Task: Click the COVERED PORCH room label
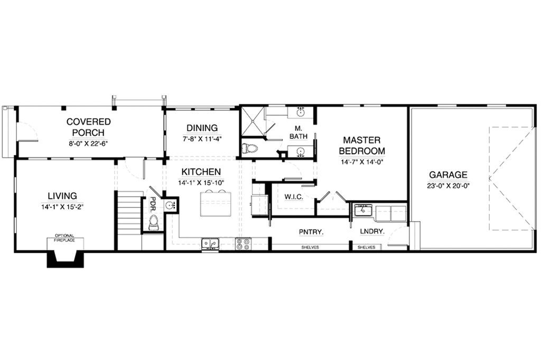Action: [x=88, y=127]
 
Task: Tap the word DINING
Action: [x=202, y=128]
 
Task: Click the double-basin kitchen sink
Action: [x=211, y=243]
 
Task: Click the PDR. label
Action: [x=153, y=203]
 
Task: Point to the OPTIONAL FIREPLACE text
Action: [x=64, y=238]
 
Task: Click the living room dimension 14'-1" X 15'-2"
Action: [x=61, y=206]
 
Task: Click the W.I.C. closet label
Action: [x=293, y=197]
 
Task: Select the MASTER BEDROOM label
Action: [x=362, y=145]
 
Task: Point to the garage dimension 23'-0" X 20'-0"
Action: [x=449, y=185]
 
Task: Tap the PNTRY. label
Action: [x=311, y=231]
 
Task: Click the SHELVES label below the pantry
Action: [x=310, y=247]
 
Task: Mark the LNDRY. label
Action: [x=371, y=231]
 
